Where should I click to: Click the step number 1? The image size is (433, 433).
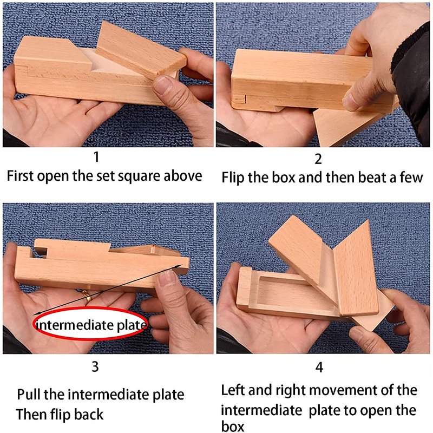[x=96, y=157]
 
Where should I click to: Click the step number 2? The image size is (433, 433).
[x=318, y=159]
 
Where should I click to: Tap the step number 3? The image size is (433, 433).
[x=95, y=367]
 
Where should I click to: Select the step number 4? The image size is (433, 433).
[x=319, y=368]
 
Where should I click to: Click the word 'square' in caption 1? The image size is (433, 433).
[x=139, y=177]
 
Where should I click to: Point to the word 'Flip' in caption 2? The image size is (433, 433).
[x=233, y=178]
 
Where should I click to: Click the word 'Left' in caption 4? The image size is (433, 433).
[x=233, y=390]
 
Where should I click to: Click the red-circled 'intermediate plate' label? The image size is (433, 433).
[x=90, y=325]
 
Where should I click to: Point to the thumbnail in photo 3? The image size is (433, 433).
[x=168, y=279]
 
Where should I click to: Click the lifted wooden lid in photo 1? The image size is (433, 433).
[x=141, y=49]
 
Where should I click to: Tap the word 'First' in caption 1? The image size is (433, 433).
[x=20, y=176]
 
